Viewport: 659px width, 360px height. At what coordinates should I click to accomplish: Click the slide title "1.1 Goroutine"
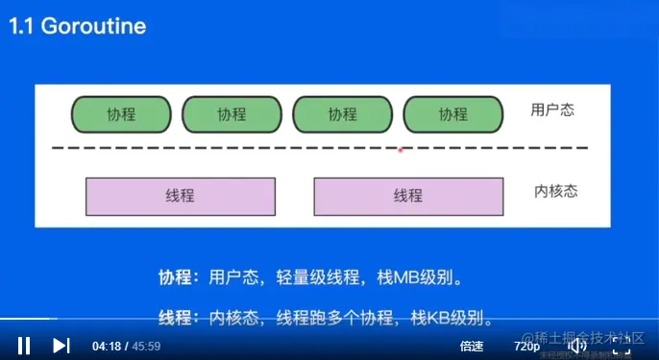(x=78, y=26)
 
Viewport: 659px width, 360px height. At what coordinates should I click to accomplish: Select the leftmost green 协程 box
(x=121, y=114)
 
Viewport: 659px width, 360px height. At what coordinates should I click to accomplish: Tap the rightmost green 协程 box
(x=453, y=114)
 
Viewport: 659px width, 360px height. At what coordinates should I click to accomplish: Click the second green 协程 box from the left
(x=232, y=114)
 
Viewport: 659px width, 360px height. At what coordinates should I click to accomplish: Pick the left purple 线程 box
(x=180, y=196)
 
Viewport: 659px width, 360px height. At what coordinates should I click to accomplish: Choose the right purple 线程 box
(x=407, y=196)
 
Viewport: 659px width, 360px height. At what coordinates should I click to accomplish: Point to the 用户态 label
(x=552, y=109)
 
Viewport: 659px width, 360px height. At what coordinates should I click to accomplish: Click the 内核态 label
(x=555, y=191)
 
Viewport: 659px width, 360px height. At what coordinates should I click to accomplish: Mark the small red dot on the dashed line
(x=401, y=149)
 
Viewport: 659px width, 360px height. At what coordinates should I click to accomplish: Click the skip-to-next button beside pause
(x=61, y=346)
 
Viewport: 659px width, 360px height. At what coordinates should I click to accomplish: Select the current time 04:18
(x=107, y=346)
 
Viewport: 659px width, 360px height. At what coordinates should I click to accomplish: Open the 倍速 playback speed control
(x=472, y=346)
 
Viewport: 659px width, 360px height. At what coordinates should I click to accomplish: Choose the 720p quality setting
(x=526, y=346)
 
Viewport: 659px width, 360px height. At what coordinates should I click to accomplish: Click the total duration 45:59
(x=146, y=346)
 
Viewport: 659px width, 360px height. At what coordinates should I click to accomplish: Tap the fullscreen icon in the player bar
(x=620, y=346)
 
